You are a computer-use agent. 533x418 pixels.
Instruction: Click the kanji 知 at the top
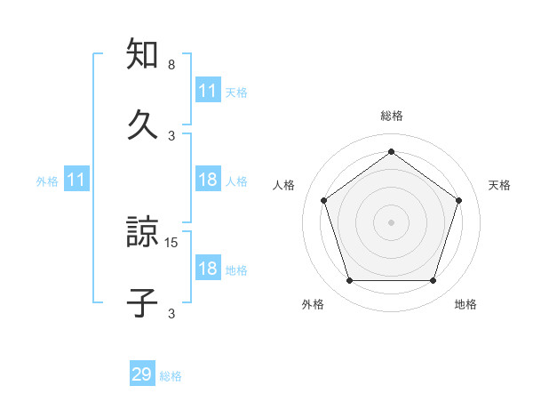[x=143, y=54]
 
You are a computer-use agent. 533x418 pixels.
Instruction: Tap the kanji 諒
[x=143, y=235]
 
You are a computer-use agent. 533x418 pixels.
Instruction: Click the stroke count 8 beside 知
[x=171, y=66]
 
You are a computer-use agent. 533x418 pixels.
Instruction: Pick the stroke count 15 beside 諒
[x=172, y=242]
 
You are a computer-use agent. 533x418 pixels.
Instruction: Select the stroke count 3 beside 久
[x=171, y=136]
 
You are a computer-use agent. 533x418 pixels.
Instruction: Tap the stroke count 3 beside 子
[x=171, y=313]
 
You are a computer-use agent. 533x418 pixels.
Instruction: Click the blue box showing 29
[x=142, y=374]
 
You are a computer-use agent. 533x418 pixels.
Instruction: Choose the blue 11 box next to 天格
[x=208, y=91]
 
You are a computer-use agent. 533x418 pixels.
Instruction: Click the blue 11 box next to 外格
[x=76, y=181]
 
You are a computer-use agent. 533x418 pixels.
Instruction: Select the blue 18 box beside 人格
[x=208, y=180]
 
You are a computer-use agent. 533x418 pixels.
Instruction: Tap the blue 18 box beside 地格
[x=208, y=269]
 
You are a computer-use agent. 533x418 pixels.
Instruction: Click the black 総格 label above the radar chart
[x=392, y=117]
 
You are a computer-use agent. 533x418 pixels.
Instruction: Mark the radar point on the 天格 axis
[x=459, y=200]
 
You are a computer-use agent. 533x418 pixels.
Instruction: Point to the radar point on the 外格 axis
[x=349, y=281]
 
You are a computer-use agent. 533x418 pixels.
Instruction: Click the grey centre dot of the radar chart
[x=391, y=222]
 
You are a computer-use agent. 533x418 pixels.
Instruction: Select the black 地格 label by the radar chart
[x=465, y=305]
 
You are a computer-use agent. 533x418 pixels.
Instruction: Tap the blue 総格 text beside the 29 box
[x=171, y=376]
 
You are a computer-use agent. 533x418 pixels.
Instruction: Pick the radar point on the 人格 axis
[x=323, y=200]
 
